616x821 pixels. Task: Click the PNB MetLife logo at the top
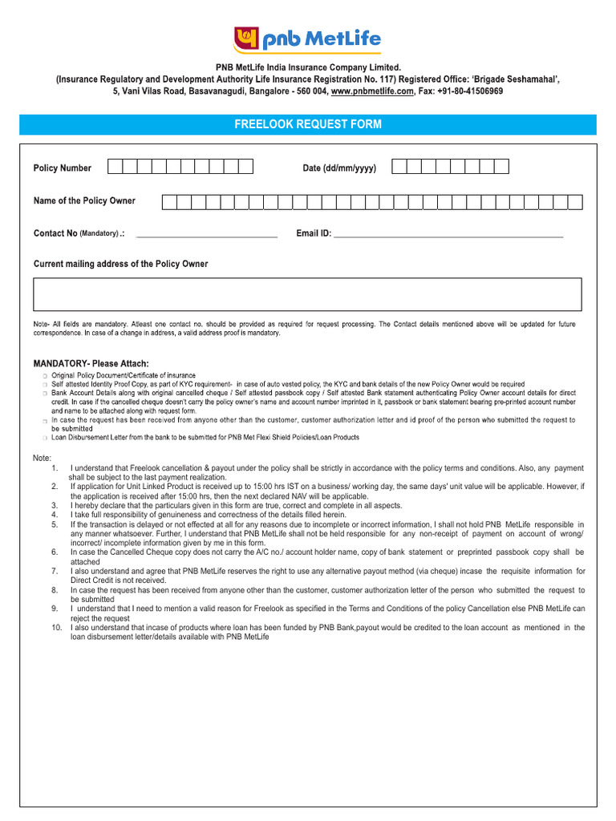click(x=307, y=38)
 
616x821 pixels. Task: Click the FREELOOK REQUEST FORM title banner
click(x=307, y=124)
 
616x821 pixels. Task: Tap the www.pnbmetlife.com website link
click(x=372, y=91)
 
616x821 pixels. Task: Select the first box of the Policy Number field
click(x=115, y=167)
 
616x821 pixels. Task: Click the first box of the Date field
click(x=399, y=167)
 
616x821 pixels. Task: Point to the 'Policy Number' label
click(x=63, y=168)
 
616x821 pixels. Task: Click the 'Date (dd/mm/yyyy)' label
click(x=339, y=168)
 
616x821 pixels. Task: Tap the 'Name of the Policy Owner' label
click(x=84, y=200)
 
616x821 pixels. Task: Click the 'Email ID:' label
click(x=314, y=234)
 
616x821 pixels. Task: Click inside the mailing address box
click(x=307, y=294)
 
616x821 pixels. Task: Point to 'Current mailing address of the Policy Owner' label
click(x=120, y=264)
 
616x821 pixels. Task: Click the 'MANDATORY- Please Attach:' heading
click(x=91, y=363)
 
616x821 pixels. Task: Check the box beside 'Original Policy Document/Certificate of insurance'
click(x=45, y=376)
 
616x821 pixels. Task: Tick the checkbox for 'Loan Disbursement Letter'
click(x=45, y=438)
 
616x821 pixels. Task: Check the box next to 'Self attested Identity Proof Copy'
click(x=45, y=385)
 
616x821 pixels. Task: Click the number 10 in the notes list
click(x=56, y=628)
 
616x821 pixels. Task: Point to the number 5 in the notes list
click(x=55, y=524)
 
